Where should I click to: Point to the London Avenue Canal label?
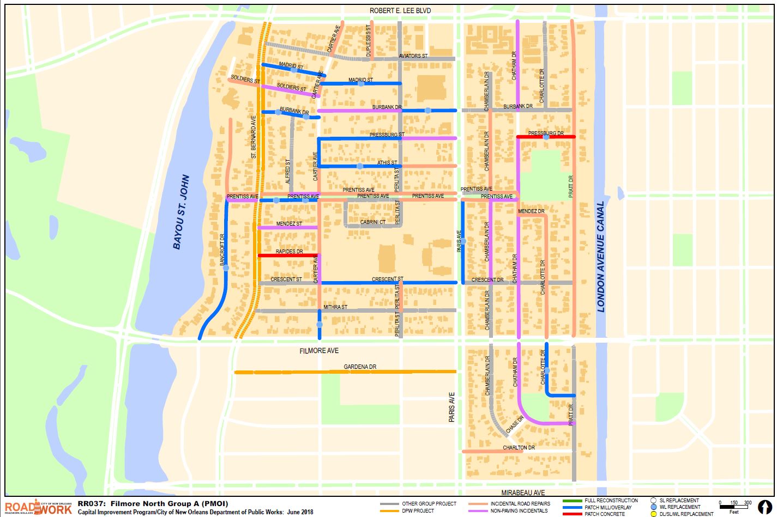pyautogui.click(x=601, y=257)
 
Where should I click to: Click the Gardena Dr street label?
pyautogui.click(x=360, y=367)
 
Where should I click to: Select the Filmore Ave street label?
pyautogui.click(x=320, y=351)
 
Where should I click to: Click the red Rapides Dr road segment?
pyautogui.click(x=288, y=256)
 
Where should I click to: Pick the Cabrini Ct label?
pyautogui.click(x=373, y=222)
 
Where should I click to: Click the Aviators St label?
pyautogui.click(x=413, y=56)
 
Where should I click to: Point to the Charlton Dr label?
pyautogui.click(x=519, y=448)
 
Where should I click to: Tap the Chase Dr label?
pyautogui.click(x=514, y=425)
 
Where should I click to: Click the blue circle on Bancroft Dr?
pyautogui.click(x=225, y=267)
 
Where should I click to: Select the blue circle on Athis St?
pyautogui.click(x=360, y=166)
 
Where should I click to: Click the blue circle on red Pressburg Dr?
pyautogui.click(x=546, y=137)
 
